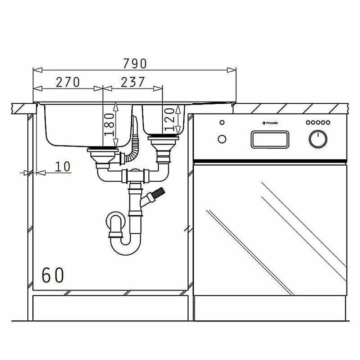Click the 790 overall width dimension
click(x=135, y=64)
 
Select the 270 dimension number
click(x=68, y=82)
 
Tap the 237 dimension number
click(x=133, y=82)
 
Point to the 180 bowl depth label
click(x=109, y=125)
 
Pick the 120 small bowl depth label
click(x=170, y=120)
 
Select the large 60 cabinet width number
click(x=53, y=275)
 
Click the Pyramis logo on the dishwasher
click(x=270, y=123)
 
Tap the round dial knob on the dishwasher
click(x=318, y=139)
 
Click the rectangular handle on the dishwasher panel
click(x=270, y=139)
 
